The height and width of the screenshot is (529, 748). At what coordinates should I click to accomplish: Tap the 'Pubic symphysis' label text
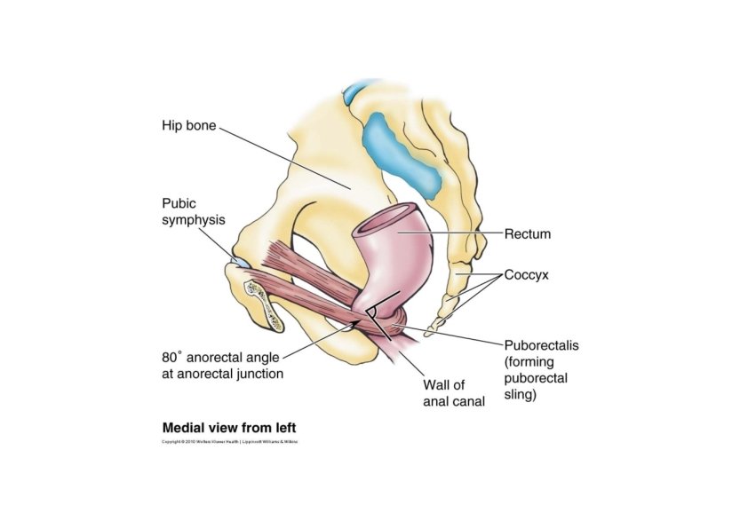click(x=192, y=210)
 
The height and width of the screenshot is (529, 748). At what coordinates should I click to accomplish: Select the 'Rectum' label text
click(x=528, y=234)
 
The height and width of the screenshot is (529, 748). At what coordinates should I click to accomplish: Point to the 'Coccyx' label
click(x=527, y=275)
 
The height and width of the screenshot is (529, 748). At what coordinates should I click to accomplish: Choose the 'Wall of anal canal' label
click(x=452, y=393)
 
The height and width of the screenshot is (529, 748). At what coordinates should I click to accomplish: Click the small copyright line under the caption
click(x=230, y=441)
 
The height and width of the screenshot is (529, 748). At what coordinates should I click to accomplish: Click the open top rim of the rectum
click(x=392, y=217)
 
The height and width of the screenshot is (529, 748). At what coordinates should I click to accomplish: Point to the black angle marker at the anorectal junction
click(x=378, y=316)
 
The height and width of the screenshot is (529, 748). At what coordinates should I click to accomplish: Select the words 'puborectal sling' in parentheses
click(x=536, y=387)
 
